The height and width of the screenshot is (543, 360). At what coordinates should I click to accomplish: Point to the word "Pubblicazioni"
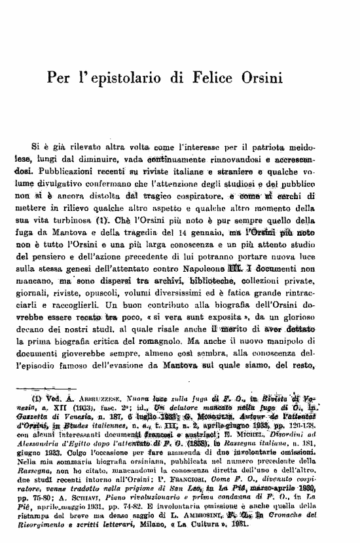coord(67,172)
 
